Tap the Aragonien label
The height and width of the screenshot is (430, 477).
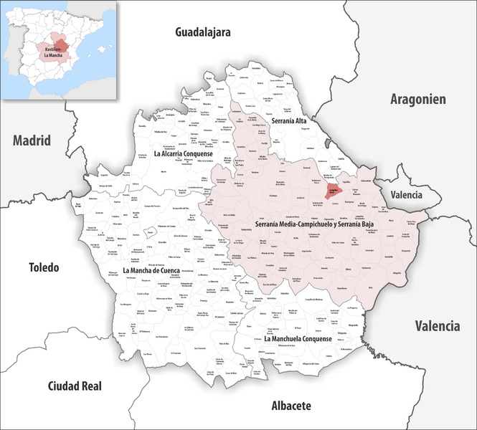(x=418, y=100)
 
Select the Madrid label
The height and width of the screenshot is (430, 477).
(x=32, y=140)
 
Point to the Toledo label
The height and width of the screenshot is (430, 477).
(x=44, y=267)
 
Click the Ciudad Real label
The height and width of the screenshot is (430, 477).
(x=75, y=386)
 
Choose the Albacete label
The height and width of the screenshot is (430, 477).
(x=291, y=406)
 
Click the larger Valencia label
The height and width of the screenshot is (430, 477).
(x=437, y=326)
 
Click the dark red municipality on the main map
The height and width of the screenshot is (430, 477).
(x=332, y=191)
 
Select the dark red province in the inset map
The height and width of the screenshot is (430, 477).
(x=63, y=47)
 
